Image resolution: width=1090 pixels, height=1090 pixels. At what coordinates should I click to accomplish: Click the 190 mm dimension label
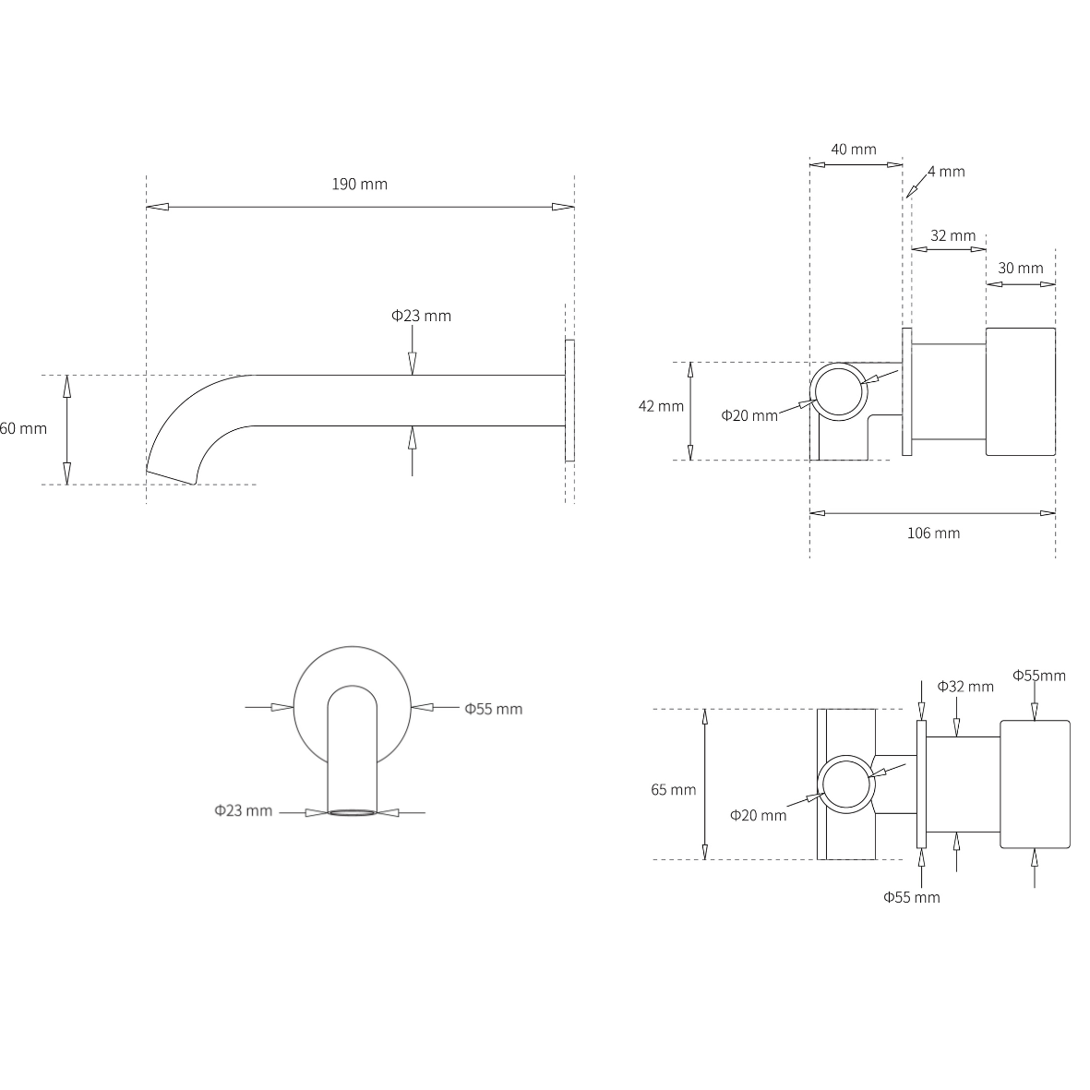pyautogui.click(x=359, y=184)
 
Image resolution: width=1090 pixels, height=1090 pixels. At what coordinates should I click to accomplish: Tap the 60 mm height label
pyautogui.click(x=23, y=428)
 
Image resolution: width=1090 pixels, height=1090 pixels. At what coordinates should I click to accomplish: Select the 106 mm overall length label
pyautogui.click(x=933, y=533)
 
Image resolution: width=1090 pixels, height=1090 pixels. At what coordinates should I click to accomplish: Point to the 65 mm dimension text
pyautogui.click(x=673, y=789)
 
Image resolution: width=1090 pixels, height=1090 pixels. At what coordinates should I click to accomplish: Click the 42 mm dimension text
pyautogui.click(x=661, y=406)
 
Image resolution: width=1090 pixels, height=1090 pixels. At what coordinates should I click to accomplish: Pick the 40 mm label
pyautogui.click(x=853, y=150)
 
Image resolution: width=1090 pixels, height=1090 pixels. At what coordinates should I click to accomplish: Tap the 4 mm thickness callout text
pyautogui.click(x=946, y=172)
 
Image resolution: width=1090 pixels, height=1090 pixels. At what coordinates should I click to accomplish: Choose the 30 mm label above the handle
pyautogui.click(x=1020, y=268)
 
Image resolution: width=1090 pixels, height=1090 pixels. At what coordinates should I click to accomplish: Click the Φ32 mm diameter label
pyautogui.click(x=965, y=686)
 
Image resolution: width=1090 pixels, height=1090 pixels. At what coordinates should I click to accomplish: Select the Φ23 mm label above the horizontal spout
pyautogui.click(x=421, y=316)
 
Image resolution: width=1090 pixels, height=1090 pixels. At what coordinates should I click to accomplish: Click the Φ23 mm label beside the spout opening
pyautogui.click(x=244, y=810)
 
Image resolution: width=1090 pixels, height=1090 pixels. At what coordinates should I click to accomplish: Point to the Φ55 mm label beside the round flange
pyautogui.click(x=493, y=709)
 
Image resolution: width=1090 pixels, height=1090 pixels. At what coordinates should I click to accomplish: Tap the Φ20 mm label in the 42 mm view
pyautogui.click(x=749, y=415)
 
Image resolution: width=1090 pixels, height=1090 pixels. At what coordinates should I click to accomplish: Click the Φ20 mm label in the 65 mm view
pyautogui.click(x=758, y=815)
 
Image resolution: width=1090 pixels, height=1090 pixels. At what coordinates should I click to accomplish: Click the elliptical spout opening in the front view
pyautogui.click(x=352, y=812)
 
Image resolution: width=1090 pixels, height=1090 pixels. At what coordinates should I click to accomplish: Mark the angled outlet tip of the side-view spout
pyautogui.click(x=172, y=477)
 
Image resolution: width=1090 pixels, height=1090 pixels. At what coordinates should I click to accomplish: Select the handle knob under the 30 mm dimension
pyautogui.click(x=1020, y=391)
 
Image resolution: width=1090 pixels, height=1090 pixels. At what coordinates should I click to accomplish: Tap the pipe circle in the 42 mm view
pyautogui.click(x=839, y=391)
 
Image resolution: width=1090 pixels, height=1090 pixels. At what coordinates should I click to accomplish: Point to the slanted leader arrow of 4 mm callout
pyautogui.click(x=916, y=184)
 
